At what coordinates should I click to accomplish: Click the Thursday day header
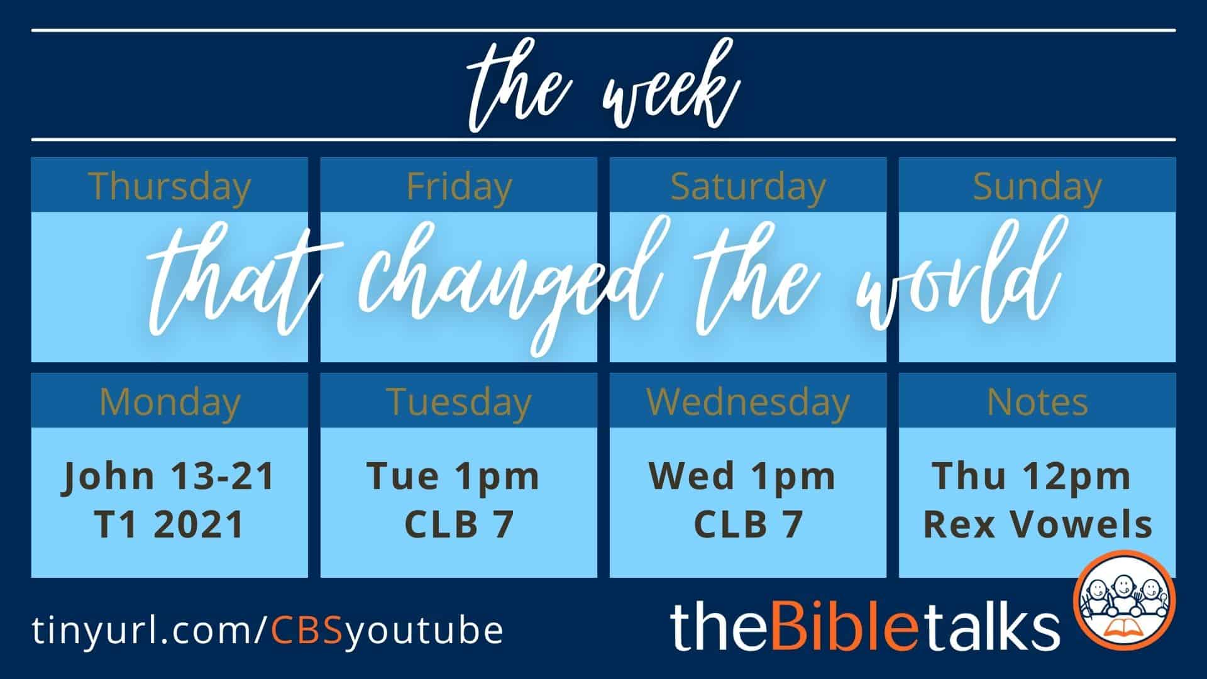click(x=170, y=187)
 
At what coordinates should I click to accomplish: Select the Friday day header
click(x=459, y=186)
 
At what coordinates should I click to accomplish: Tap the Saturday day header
click(x=748, y=187)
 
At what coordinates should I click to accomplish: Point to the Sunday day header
click(x=1037, y=187)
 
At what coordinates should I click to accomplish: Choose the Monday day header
click(x=170, y=402)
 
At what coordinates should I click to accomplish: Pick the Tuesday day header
click(x=459, y=402)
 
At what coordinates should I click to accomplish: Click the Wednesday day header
click(x=748, y=402)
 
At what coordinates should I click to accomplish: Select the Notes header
click(x=1037, y=402)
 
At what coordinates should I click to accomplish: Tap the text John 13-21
click(x=170, y=476)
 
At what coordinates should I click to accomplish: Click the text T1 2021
click(x=170, y=524)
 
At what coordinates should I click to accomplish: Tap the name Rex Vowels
click(x=1037, y=524)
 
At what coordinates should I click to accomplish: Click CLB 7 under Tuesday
click(x=460, y=524)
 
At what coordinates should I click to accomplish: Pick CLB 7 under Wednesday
click(x=749, y=524)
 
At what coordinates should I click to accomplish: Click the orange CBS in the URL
click(x=307, y=631)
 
